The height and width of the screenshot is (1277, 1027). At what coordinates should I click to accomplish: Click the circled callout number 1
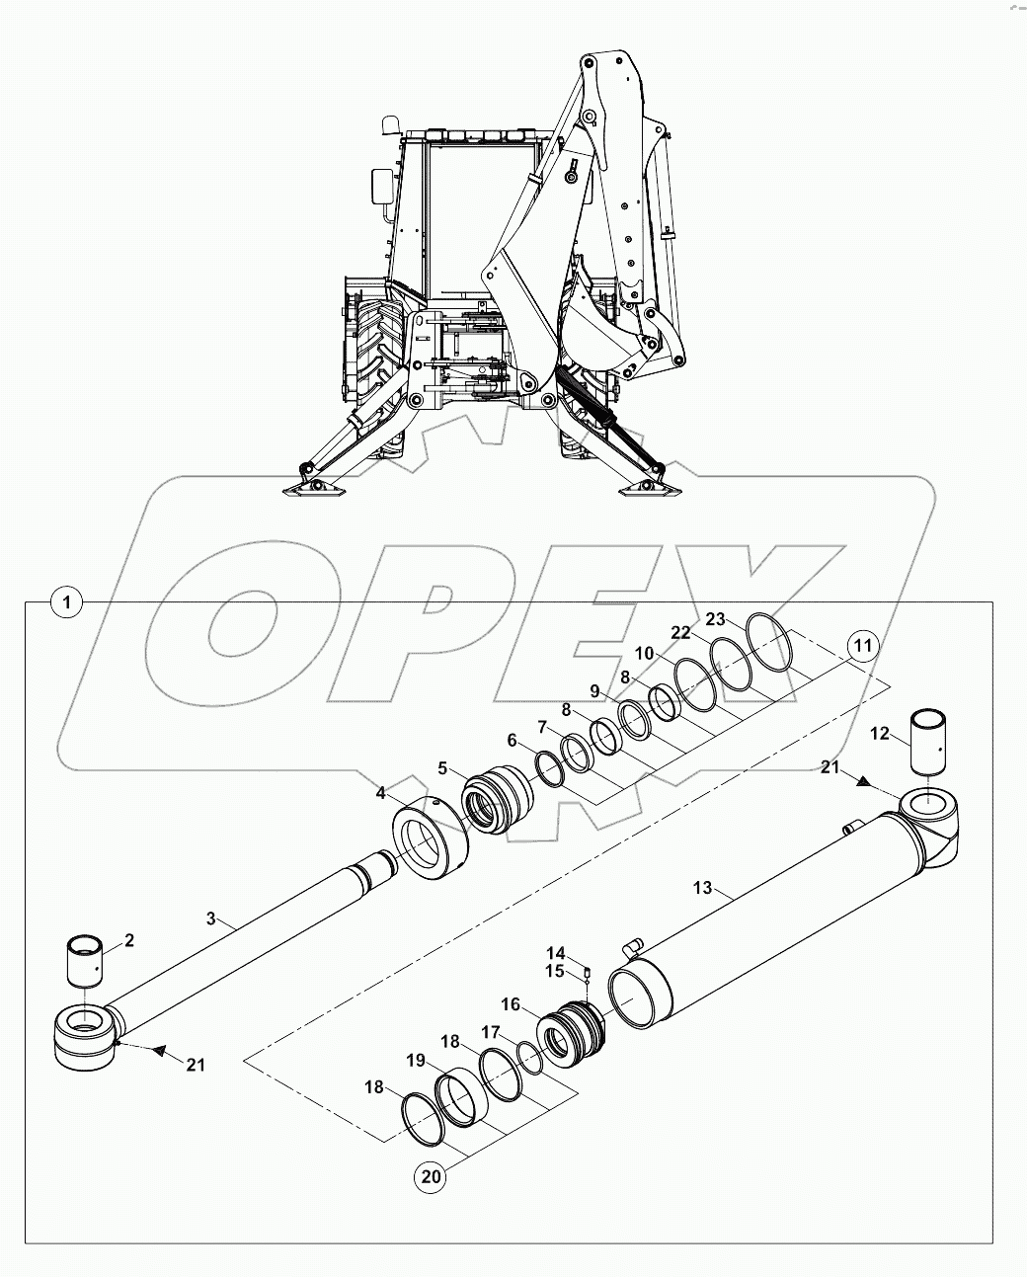66,600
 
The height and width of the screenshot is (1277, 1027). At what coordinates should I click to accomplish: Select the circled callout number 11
862,648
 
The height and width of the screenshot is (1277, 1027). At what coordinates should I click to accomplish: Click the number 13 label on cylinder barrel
702,889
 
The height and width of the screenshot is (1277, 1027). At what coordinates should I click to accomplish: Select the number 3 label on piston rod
210,918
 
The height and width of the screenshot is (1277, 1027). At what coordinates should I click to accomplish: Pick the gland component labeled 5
499,797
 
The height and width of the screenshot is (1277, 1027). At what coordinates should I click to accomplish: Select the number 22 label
709,632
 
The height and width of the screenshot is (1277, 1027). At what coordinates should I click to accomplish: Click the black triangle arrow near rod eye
156,1051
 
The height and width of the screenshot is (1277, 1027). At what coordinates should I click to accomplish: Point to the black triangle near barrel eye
863,780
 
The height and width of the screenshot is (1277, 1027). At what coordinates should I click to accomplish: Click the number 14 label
556,953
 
